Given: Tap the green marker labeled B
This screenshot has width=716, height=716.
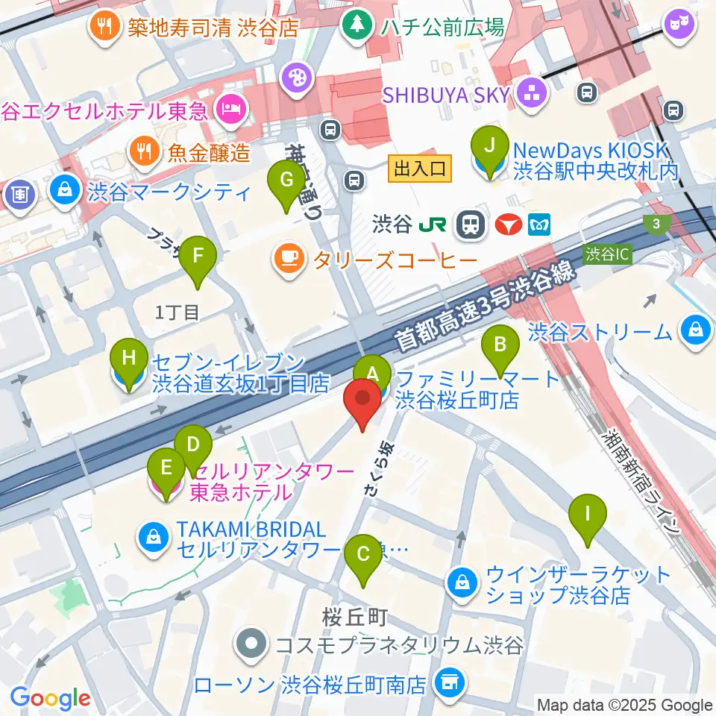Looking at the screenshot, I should [x=500, y=345].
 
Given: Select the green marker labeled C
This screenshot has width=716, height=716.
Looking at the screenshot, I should [x=364, y=554].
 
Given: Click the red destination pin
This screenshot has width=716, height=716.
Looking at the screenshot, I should [x=363, y=401].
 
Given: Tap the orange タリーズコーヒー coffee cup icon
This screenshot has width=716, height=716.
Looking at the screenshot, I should [x=289, y=258].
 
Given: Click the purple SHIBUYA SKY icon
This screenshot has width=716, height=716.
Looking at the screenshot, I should [x=534, y=94].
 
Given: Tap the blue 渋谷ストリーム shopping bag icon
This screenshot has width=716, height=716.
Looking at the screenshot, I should [x=695, y=328].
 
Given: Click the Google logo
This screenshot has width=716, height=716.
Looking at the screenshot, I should [x=51, y=698].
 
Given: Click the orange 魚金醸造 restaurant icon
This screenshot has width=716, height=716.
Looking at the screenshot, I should [x=144, y=153].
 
